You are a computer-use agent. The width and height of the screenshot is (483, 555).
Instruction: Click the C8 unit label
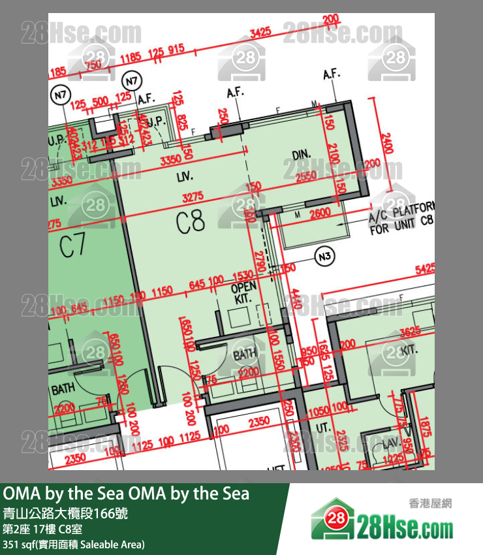click(x=191, y=223)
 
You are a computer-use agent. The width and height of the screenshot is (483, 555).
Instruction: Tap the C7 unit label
click(x=72, y=246)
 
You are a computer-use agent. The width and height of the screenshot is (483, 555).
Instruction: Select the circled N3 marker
click(x=324, y=257)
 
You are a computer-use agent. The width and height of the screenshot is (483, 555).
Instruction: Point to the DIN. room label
click(x=301, y=155)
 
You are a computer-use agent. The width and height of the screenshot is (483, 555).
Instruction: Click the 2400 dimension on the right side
click(x=386, y=143)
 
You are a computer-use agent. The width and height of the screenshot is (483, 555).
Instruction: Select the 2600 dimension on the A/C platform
click(x=319, y=214)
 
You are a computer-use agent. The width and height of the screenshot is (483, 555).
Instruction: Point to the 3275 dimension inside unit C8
click(x=194, y=196)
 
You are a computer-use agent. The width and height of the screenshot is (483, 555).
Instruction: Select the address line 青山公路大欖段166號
click(x=65, y=514)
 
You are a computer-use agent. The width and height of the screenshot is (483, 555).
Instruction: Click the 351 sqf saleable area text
click(x=74, y=544)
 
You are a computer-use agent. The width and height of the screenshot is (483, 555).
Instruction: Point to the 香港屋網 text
click(x=430, y=503)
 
